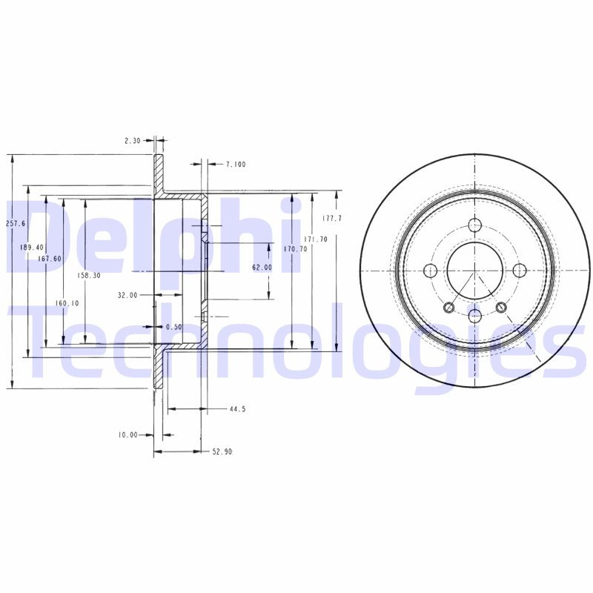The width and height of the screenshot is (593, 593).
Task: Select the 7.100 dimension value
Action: [x=236, y=165]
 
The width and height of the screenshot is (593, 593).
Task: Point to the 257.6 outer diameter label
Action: [x=16, y=223]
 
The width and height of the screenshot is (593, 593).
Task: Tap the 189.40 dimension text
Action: [x=33, y=248]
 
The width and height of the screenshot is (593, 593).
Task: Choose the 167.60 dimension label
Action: [x=49, y=259]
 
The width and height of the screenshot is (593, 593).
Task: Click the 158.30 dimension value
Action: [x=88, y=275]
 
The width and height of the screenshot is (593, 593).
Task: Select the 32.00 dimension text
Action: [x=127, y=295]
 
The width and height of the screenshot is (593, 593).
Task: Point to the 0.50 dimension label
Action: [x=174, y=327]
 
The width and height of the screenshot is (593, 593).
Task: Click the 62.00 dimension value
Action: [x=262, y=267]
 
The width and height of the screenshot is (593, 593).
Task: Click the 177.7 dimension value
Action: [x=333, y=219]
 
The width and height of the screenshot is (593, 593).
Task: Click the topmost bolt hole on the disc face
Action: [x=475, y=225]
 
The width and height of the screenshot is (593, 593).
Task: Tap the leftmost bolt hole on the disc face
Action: [x=430, y=271]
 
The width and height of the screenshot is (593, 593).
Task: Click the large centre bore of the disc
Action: [x=475, y=271]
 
